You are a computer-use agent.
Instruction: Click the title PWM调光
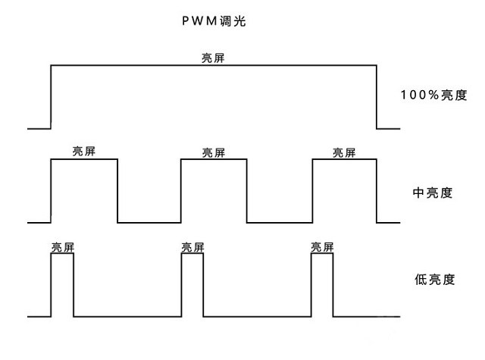pyautogui.click(x=214, y=21)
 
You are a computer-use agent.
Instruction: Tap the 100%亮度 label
pyautogui.click(x=433, y=95)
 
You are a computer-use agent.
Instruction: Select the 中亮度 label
pyautogui.click(x=433, y=193)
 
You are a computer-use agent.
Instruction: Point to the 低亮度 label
pyautogui.click(x=434, y=280)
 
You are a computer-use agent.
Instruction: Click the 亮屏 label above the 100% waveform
pyautogui.click(x=213, y=58)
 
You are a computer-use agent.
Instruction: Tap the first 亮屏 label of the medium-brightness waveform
pyautogui.click(x=84, y=152)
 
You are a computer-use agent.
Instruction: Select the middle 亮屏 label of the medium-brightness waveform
pyautogui.click(x=214, y=152)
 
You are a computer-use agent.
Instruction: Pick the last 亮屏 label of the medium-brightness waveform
pyautogui.click(x=344, y=152)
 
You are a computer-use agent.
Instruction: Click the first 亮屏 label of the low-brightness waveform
pyautogui.click(x=63, y=247)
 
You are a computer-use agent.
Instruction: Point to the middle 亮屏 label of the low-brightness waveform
pyautogui.click(x=192, y=247)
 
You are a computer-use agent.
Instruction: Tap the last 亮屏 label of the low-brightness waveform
pyautogui.click(x=322, y=247)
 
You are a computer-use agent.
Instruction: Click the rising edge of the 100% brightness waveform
pyautogui.click(x=51, y=97)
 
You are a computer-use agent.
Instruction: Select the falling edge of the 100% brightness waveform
pyautogui.click(x=377, y=97)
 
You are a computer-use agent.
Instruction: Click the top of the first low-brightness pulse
pyautogui.click(x=62, y=254)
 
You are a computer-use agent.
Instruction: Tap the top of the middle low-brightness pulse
pyautogui.click(x=192, y=254)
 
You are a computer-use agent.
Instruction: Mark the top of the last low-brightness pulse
pyautogui.click(x=322, y=254)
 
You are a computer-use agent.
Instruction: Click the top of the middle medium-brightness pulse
pyautogui.click(x=214, y=159)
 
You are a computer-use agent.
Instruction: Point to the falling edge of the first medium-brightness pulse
pyautogui.click(x=117, y=191)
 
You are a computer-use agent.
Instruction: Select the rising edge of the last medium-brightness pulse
pyautogui.click(x=312, y=191)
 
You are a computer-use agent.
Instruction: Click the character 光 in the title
pyautogui.click(x=240, y=21)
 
